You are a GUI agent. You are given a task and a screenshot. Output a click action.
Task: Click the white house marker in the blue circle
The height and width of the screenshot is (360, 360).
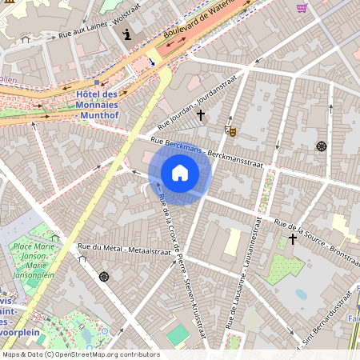(x=180, y=173)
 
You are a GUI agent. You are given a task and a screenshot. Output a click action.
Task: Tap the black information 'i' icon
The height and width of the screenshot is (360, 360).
(x=126, y=34)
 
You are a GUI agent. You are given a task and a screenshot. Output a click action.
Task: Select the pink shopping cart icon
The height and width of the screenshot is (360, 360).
(x=302, y=8)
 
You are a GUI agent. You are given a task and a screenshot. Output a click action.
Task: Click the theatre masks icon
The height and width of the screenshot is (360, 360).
(x=231, y=130)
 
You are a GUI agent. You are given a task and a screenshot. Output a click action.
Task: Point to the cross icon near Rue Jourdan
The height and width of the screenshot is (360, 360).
(x=200, y=116)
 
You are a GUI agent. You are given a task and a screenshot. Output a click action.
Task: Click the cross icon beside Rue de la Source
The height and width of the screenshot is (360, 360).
(x=293, y=238)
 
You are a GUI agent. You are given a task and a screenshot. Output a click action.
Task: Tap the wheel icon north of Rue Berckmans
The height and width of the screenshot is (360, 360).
(x=322, y=146)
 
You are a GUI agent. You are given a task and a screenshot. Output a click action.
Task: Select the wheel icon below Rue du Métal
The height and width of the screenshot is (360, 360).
(x=103, y=277)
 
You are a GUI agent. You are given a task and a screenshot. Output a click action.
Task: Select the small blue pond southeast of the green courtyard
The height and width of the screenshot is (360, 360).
(x=301, y=294)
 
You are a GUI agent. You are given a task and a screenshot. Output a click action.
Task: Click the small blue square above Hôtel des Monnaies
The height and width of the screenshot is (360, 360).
(x=97, y=82)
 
